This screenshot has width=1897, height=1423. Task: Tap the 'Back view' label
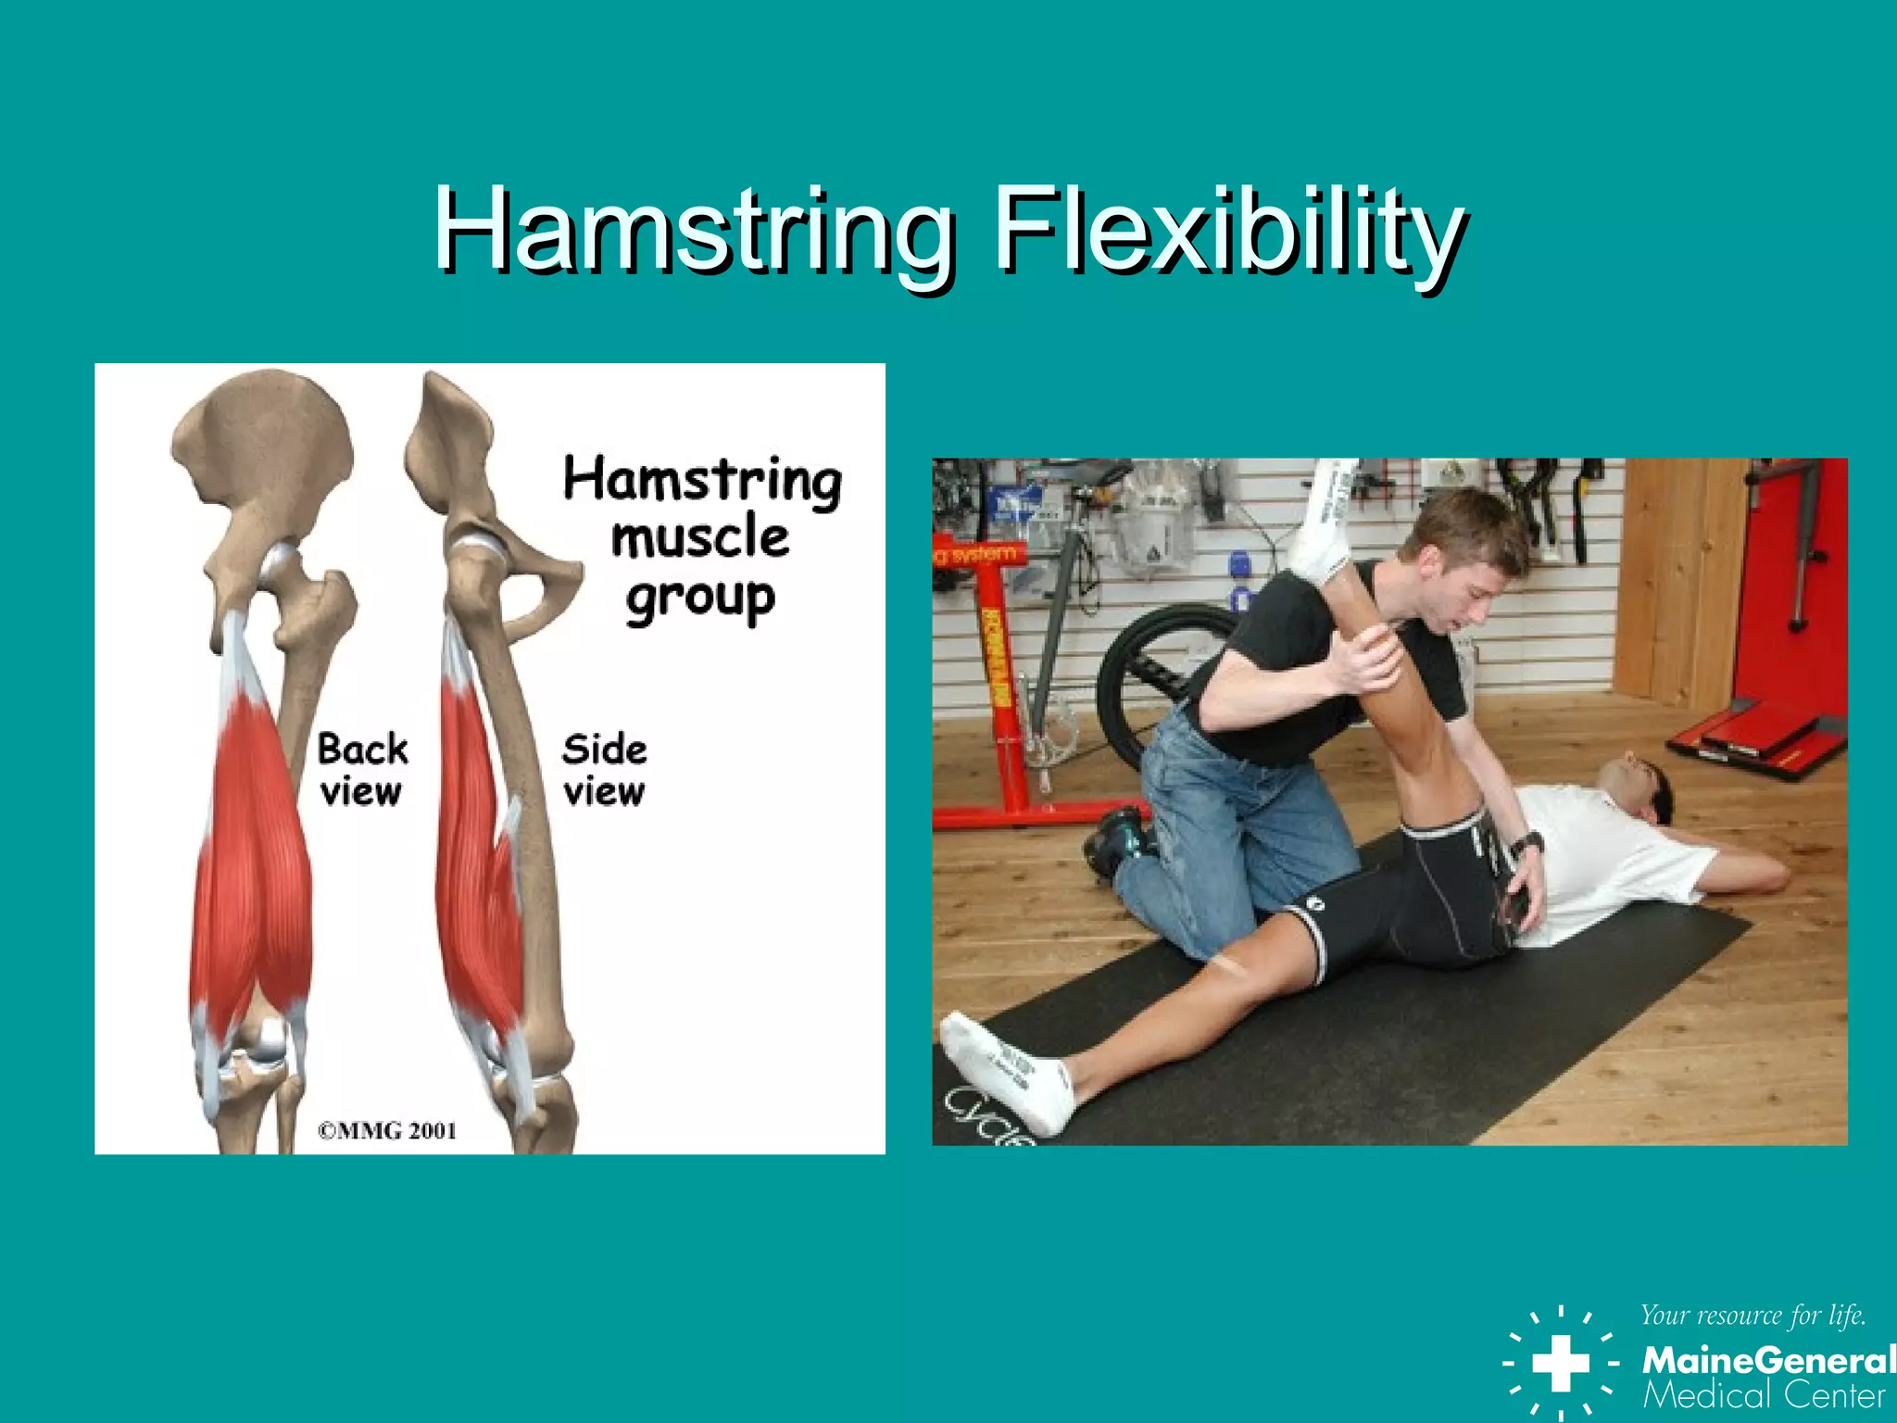pos(362,770)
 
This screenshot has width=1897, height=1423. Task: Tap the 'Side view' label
pos(604,770)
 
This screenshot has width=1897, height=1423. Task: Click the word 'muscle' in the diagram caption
pos(700,538)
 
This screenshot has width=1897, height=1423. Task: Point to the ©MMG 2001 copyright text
pos(387,1130)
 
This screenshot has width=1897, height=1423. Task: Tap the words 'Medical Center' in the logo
pos(1764,1395)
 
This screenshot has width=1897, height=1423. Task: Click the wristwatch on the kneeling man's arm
pos(1526,845)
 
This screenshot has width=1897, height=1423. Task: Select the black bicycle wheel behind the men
pos(1149,686)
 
